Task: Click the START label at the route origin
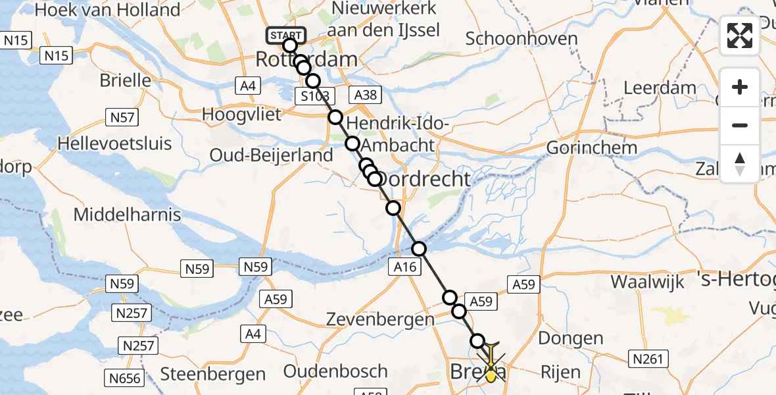(x=285, y=36)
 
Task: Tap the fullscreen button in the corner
(x=740, y=36)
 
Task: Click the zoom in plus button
(x=740, y=87)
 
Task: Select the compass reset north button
(x=740, y=164)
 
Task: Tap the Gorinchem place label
(x=592, y=147)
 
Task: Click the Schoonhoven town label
(x=521, y=38)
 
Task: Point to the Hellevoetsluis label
(x=114, y=144)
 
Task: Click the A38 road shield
(x=366, y=95)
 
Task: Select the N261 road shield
(x=648, y=359)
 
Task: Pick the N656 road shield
(x=124, y=378)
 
